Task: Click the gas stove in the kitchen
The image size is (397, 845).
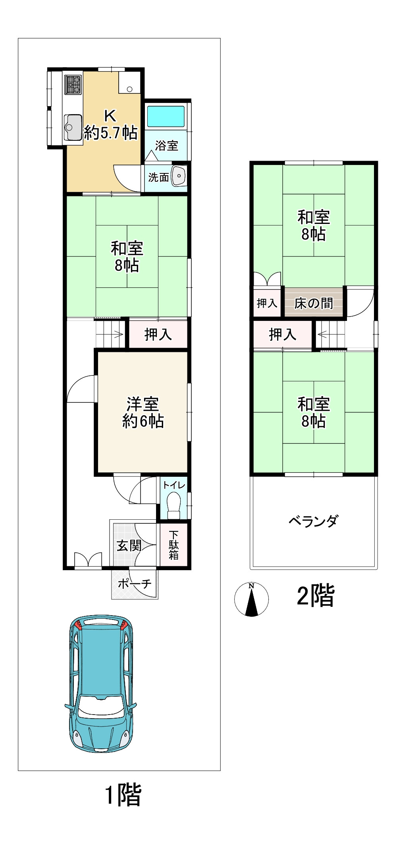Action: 73,85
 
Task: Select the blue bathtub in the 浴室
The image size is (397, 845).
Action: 166,117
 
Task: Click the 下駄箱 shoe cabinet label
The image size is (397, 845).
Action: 173,545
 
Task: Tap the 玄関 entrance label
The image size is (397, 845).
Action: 129,546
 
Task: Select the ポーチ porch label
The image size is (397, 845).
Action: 135,584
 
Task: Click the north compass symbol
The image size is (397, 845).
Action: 251,599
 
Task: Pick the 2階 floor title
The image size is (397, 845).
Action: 316,596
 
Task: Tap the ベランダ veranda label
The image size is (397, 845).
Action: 314,521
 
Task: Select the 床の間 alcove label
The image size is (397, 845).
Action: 314,303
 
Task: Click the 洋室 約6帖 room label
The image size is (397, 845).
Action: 143,413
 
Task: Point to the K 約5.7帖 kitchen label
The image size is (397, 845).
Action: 110,124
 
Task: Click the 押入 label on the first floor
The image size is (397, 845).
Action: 158,334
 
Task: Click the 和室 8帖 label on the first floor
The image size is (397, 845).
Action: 127,256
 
